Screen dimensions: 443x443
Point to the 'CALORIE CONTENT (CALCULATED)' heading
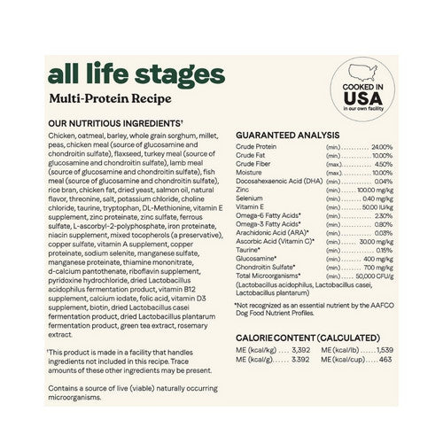coord(303,338)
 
